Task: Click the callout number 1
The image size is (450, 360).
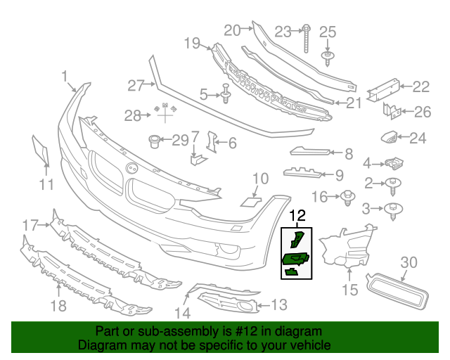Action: [65, 76]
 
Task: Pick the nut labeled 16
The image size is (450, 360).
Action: [347, 198]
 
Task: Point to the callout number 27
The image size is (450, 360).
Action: [135, 86]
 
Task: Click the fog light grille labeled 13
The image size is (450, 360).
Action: [229, 304]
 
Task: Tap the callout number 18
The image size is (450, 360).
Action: [58, 305]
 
